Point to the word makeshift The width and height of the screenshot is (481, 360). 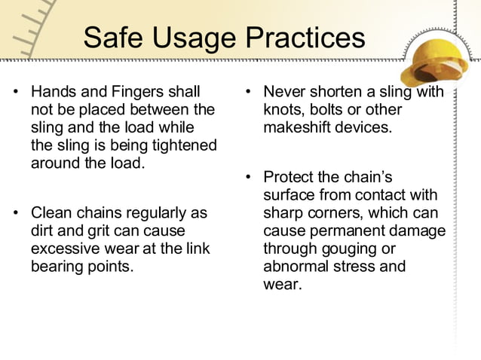pyautogui.click(x=296, y=127)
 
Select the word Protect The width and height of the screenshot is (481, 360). pyautogui.click(x=288, y=178)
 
